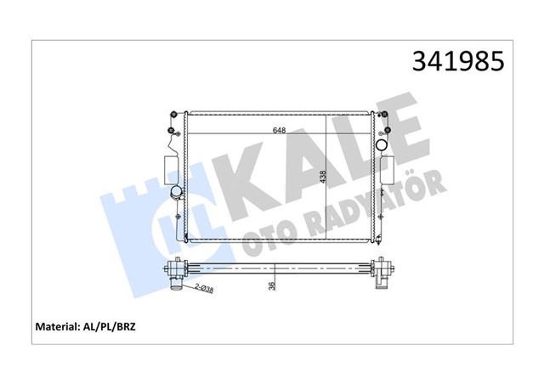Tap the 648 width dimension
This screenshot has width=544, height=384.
click(279, 131)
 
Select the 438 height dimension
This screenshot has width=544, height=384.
click(322, 176)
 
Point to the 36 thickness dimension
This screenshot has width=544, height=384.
click(272, 285)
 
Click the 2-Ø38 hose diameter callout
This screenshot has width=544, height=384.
click(204, 289)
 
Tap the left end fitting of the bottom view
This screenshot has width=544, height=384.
click(177, 274)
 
